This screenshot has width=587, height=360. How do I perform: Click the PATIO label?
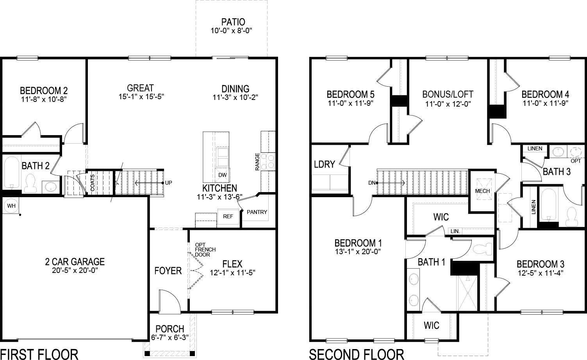(x=233, y=22)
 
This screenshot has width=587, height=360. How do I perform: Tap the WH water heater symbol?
(x=10, y=205)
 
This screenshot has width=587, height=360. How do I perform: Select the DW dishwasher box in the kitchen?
(x=223, y=175)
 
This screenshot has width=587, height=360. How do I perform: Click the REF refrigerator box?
(x=228, y=216)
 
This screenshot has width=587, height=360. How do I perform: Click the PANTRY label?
(x=257, y=212)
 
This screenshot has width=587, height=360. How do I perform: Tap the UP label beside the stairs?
(x=168, y=183)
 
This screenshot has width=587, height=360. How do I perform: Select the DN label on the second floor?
(x=372, y=183)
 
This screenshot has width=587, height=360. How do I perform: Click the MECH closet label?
(x=482, y=191)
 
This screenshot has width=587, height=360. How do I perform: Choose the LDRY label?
(x=324, y=164)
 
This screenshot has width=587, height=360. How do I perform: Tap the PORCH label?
(x=169, y=329)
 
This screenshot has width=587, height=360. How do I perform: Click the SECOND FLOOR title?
(x=356, y=354)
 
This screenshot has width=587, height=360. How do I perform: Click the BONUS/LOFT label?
(x=448, y=94)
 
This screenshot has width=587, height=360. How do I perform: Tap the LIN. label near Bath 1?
(x=455, y=232)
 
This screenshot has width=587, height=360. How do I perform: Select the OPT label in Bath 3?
(x=576, y=161)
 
